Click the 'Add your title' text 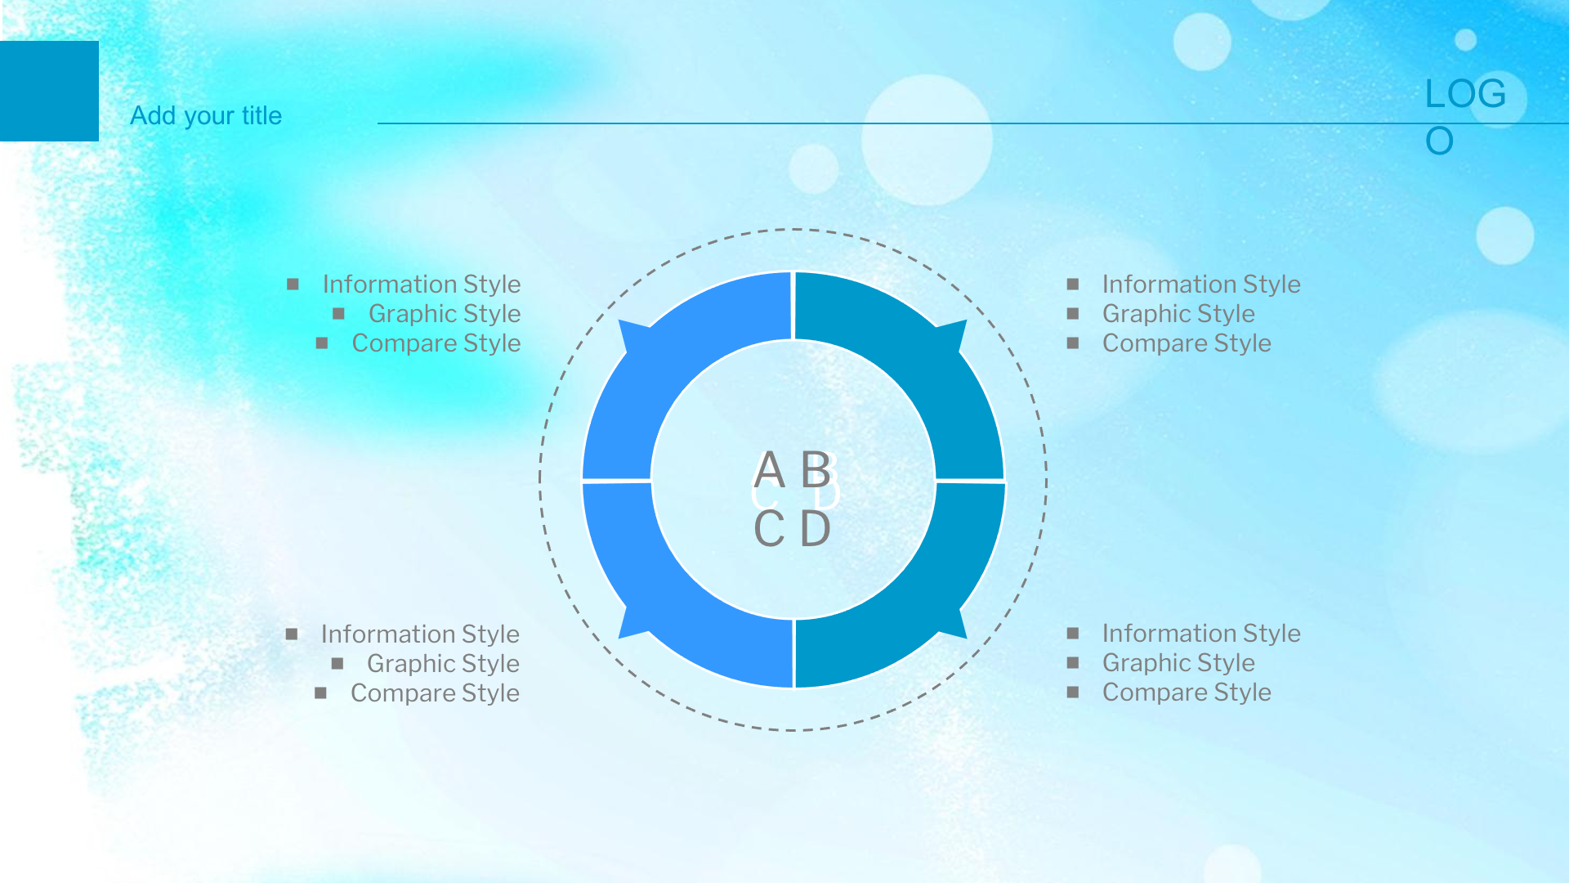(206, 116)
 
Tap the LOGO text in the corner (1465, 117)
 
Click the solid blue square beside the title (49, 91)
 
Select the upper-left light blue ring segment (654, 360)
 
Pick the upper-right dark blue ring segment (932, 360)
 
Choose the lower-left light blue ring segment (654, 601)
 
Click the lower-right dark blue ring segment (932, 601)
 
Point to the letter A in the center (769, 470)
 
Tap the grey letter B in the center (816, 470)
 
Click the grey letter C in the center (769, 529)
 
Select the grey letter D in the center (816, 529)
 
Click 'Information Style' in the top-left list (422, 285)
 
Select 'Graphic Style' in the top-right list (1178, 314)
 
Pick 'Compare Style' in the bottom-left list (435, 693)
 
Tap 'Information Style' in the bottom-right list (1201, 634)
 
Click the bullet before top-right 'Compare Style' (1073, 343)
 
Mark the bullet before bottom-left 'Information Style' (292, 634)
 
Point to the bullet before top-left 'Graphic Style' (338, 314)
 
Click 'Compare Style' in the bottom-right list (1187, 693)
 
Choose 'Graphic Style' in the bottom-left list (443, 664)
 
